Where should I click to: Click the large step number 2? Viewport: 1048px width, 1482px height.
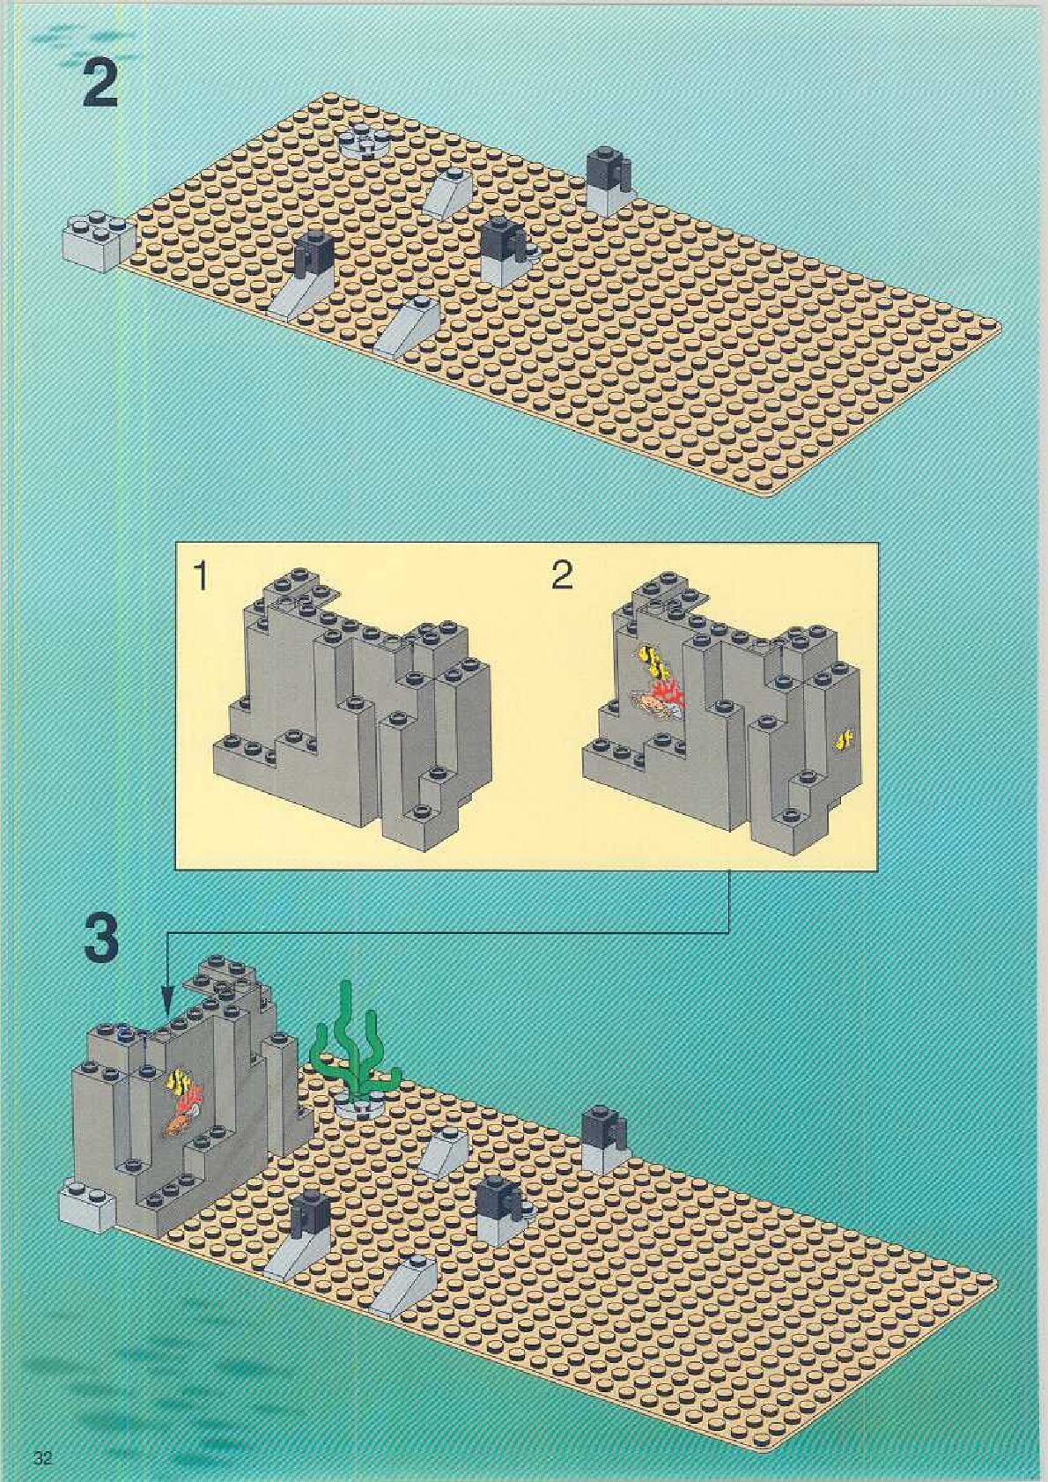100,84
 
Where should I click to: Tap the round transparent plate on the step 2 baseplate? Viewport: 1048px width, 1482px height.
363,138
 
